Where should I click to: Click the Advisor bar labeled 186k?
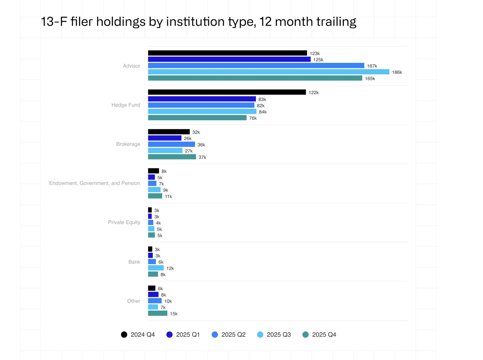coord(268,72)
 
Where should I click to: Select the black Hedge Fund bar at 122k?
coord(227,92)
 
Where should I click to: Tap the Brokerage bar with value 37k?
coord(172,157)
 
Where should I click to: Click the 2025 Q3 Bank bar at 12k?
coord(156,268)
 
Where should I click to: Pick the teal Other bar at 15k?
coord(158,313)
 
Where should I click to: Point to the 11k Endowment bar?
coord(155,196)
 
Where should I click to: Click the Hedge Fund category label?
coord(126,105)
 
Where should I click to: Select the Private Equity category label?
coord(124,222)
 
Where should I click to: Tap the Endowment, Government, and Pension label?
coord(94,183)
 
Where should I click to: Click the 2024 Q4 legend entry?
coord(138,335)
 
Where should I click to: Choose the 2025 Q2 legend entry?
coord(229,335)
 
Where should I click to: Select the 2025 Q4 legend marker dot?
coord(305,335)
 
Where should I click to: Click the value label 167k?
coord(372,66)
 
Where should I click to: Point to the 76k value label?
coord(253,118)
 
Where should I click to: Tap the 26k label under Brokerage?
coord(187,138)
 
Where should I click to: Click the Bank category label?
coord(134,262)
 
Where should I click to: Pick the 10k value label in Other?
coord(168,301)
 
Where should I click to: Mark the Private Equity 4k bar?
coord(151,223)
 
